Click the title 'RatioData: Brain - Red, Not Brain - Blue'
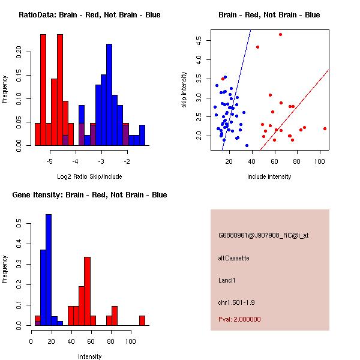(x=89, y=14)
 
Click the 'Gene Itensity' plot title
(x=89, y=194)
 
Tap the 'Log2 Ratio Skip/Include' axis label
(x=89, y=176)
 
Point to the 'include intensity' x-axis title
(x=269, y=176)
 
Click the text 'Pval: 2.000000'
(x=239, y=319)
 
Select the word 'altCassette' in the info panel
(x=233, y=258)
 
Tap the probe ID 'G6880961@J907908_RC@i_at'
(x=263, y=236)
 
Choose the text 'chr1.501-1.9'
(x=236, y=301)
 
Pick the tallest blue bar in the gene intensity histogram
(x=49, y=270)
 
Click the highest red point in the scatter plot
(x=280, y=34)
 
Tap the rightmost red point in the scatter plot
(x=325, y=128)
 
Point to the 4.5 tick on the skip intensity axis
(x=198, y=40)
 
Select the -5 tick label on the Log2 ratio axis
(x=50, y=161)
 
